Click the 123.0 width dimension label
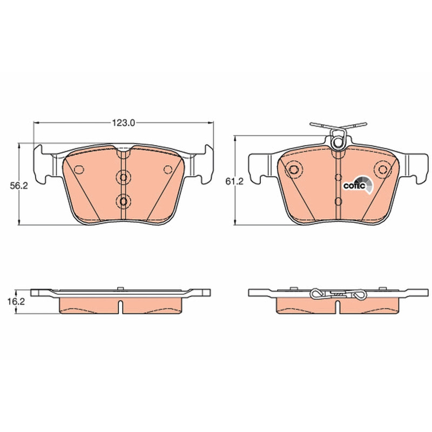[123, 123]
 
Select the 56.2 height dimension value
[19, 186]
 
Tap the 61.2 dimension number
[234, 181]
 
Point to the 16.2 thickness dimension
[16, 301]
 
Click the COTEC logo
[357, 185]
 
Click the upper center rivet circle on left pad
[123, 177]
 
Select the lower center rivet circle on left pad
[123, 201]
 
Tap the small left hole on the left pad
[79, 170]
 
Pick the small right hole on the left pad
[167, 170]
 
